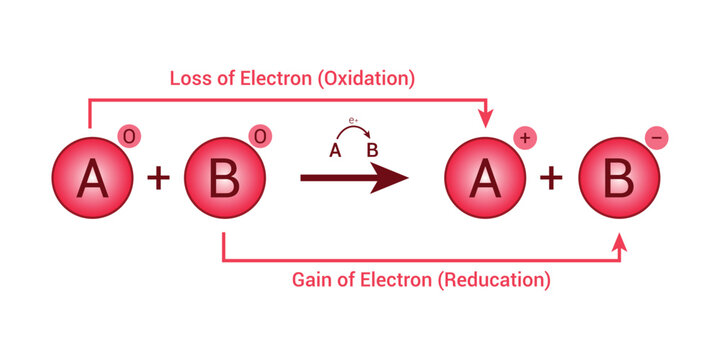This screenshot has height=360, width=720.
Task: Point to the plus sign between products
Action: pyautogui.click(x=552, y=179)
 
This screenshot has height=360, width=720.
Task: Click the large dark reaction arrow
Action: pyautogui.click(x=355, y=180)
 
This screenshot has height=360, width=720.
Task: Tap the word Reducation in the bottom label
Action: pyautogui.click(x=495, y=280)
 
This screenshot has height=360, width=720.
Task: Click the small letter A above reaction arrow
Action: pyautogui.click(x=335, y=151)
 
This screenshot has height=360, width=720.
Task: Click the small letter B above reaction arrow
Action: pyautogui.click(x=372, y=151)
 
